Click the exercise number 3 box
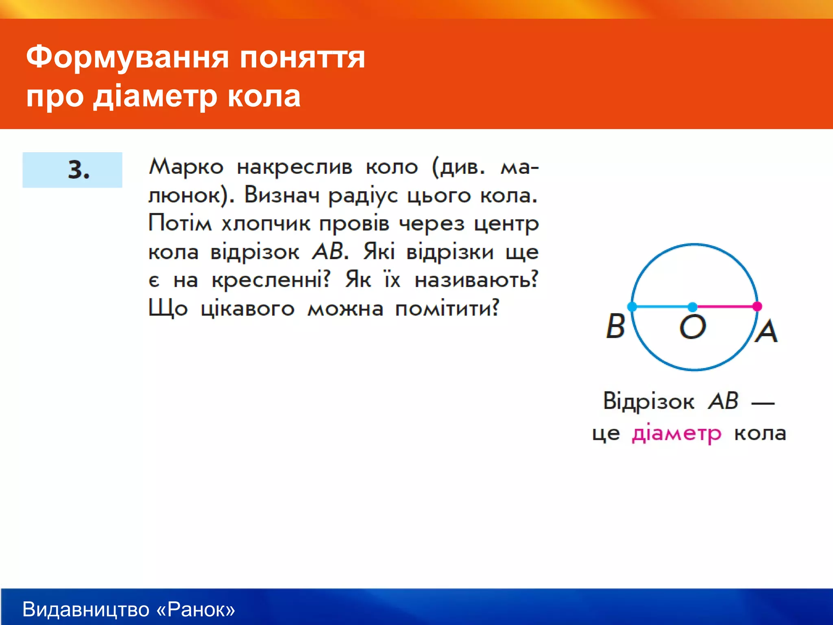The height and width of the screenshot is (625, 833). click(72, 170)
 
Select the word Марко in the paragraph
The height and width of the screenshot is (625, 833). click(186, 167)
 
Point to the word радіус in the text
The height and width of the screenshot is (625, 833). click(363, 196)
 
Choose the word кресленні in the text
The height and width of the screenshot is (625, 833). click(271, 280)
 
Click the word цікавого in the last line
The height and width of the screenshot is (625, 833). click(248, 308)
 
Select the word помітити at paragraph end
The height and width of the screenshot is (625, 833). click(447, 308)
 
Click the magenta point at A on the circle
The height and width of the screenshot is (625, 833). click(757, 306)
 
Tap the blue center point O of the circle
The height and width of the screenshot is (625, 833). click(693, 307)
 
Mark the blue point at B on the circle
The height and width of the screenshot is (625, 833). click(632, 307)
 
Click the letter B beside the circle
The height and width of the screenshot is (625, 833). click(615, 326)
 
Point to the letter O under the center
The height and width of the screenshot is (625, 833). click(692, 327)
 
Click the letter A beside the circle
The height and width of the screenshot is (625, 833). click(766, 331)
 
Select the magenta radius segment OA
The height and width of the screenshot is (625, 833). click(725, 306)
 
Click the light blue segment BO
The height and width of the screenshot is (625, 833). click(662, 306)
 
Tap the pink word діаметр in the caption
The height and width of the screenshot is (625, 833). click(676, 434)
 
